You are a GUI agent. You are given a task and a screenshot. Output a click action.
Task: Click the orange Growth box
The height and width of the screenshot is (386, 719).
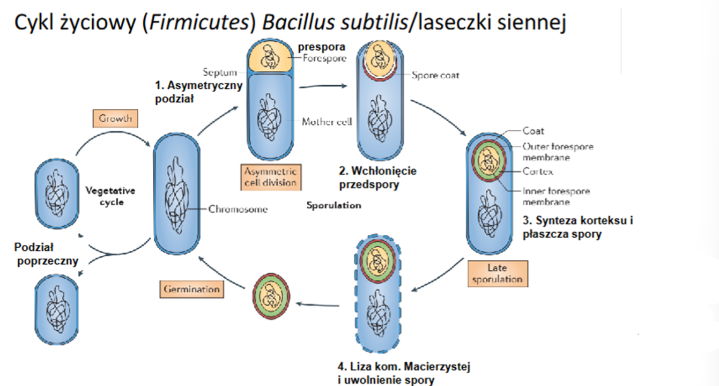tap(115, 118)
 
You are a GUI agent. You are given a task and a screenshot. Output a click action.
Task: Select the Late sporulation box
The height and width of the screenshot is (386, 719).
tap(497, 273)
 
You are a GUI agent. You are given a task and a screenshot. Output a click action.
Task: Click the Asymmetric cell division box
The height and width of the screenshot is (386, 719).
tap(270, 177)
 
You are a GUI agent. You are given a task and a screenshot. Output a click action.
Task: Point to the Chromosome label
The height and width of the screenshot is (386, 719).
tap(238, 210)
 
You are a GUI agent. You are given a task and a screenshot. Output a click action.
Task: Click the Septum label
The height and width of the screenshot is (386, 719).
tap(219, 72)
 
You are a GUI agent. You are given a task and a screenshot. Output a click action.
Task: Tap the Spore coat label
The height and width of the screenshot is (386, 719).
tap(435, 76)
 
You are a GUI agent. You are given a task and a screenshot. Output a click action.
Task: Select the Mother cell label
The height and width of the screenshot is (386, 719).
tap(326, 122)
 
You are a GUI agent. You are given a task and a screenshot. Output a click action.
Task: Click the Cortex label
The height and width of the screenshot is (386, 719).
tap(537, 172)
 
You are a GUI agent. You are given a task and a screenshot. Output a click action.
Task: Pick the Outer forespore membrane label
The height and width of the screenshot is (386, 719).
tap(558, 152)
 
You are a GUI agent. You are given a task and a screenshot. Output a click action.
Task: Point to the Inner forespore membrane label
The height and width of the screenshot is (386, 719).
tap(556, 196)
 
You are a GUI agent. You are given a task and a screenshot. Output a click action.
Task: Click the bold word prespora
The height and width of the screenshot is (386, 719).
tap(322, 48)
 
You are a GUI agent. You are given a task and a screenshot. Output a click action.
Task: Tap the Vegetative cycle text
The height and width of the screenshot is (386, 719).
tap(110, 196)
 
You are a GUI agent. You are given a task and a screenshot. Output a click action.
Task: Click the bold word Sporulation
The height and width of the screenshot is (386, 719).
tap(333, 205)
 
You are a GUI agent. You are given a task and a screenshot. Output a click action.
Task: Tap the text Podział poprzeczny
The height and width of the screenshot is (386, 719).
tap(47, 255)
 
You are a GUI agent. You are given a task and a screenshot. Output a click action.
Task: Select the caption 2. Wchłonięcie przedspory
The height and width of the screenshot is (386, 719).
tap(377, 178)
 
